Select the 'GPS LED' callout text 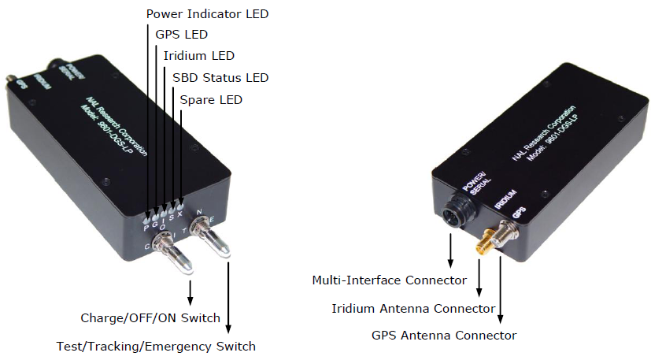point(182,35)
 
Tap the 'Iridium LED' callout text point(198,56)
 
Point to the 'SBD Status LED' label point(220,77)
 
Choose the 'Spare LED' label point(211,100)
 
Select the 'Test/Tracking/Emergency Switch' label point(156,346)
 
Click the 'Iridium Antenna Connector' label point(413,308)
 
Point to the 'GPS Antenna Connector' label point(444,335)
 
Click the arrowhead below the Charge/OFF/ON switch point(189,302)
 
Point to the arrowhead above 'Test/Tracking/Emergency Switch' point(229,328)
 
